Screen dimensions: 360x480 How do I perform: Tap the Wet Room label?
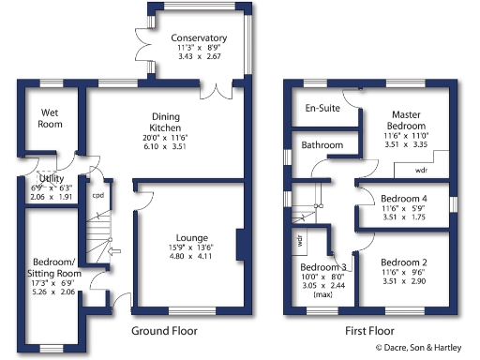coord(50,118)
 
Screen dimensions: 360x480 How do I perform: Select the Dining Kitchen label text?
coord(165,123)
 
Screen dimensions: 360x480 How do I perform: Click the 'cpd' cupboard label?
coord(97,196)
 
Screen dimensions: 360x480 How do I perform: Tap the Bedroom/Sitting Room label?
coord(53,266)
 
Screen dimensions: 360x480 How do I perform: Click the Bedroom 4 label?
coord(406,199)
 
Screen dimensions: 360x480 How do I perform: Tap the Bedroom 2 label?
coord(406,262)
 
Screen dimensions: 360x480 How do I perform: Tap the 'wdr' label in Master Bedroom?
coord(421,172)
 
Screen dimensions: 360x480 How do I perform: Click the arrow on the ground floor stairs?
coord(114,251)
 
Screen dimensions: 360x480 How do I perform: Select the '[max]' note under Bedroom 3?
coord(323,294)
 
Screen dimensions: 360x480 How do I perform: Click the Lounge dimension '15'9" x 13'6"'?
coord(190,248)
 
